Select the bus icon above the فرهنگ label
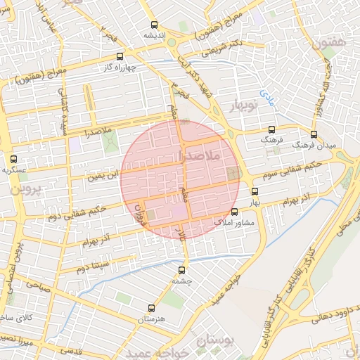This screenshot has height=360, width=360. pyautogui.click(x=272, y=130)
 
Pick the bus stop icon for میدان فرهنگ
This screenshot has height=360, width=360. pyautogui.click(x=314, y=134)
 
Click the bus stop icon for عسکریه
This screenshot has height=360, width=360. pyautogui.click(x=13, y=160)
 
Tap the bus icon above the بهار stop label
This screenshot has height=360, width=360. pyautogui.click(x=255, y=191)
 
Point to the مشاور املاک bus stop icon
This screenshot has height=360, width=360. pyautogui.click(x=235, y=211)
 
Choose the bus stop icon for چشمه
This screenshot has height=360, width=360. pyautogui.click(x=182, y=269)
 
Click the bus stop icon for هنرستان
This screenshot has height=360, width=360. pyautogui.click(x=151, y=308)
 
